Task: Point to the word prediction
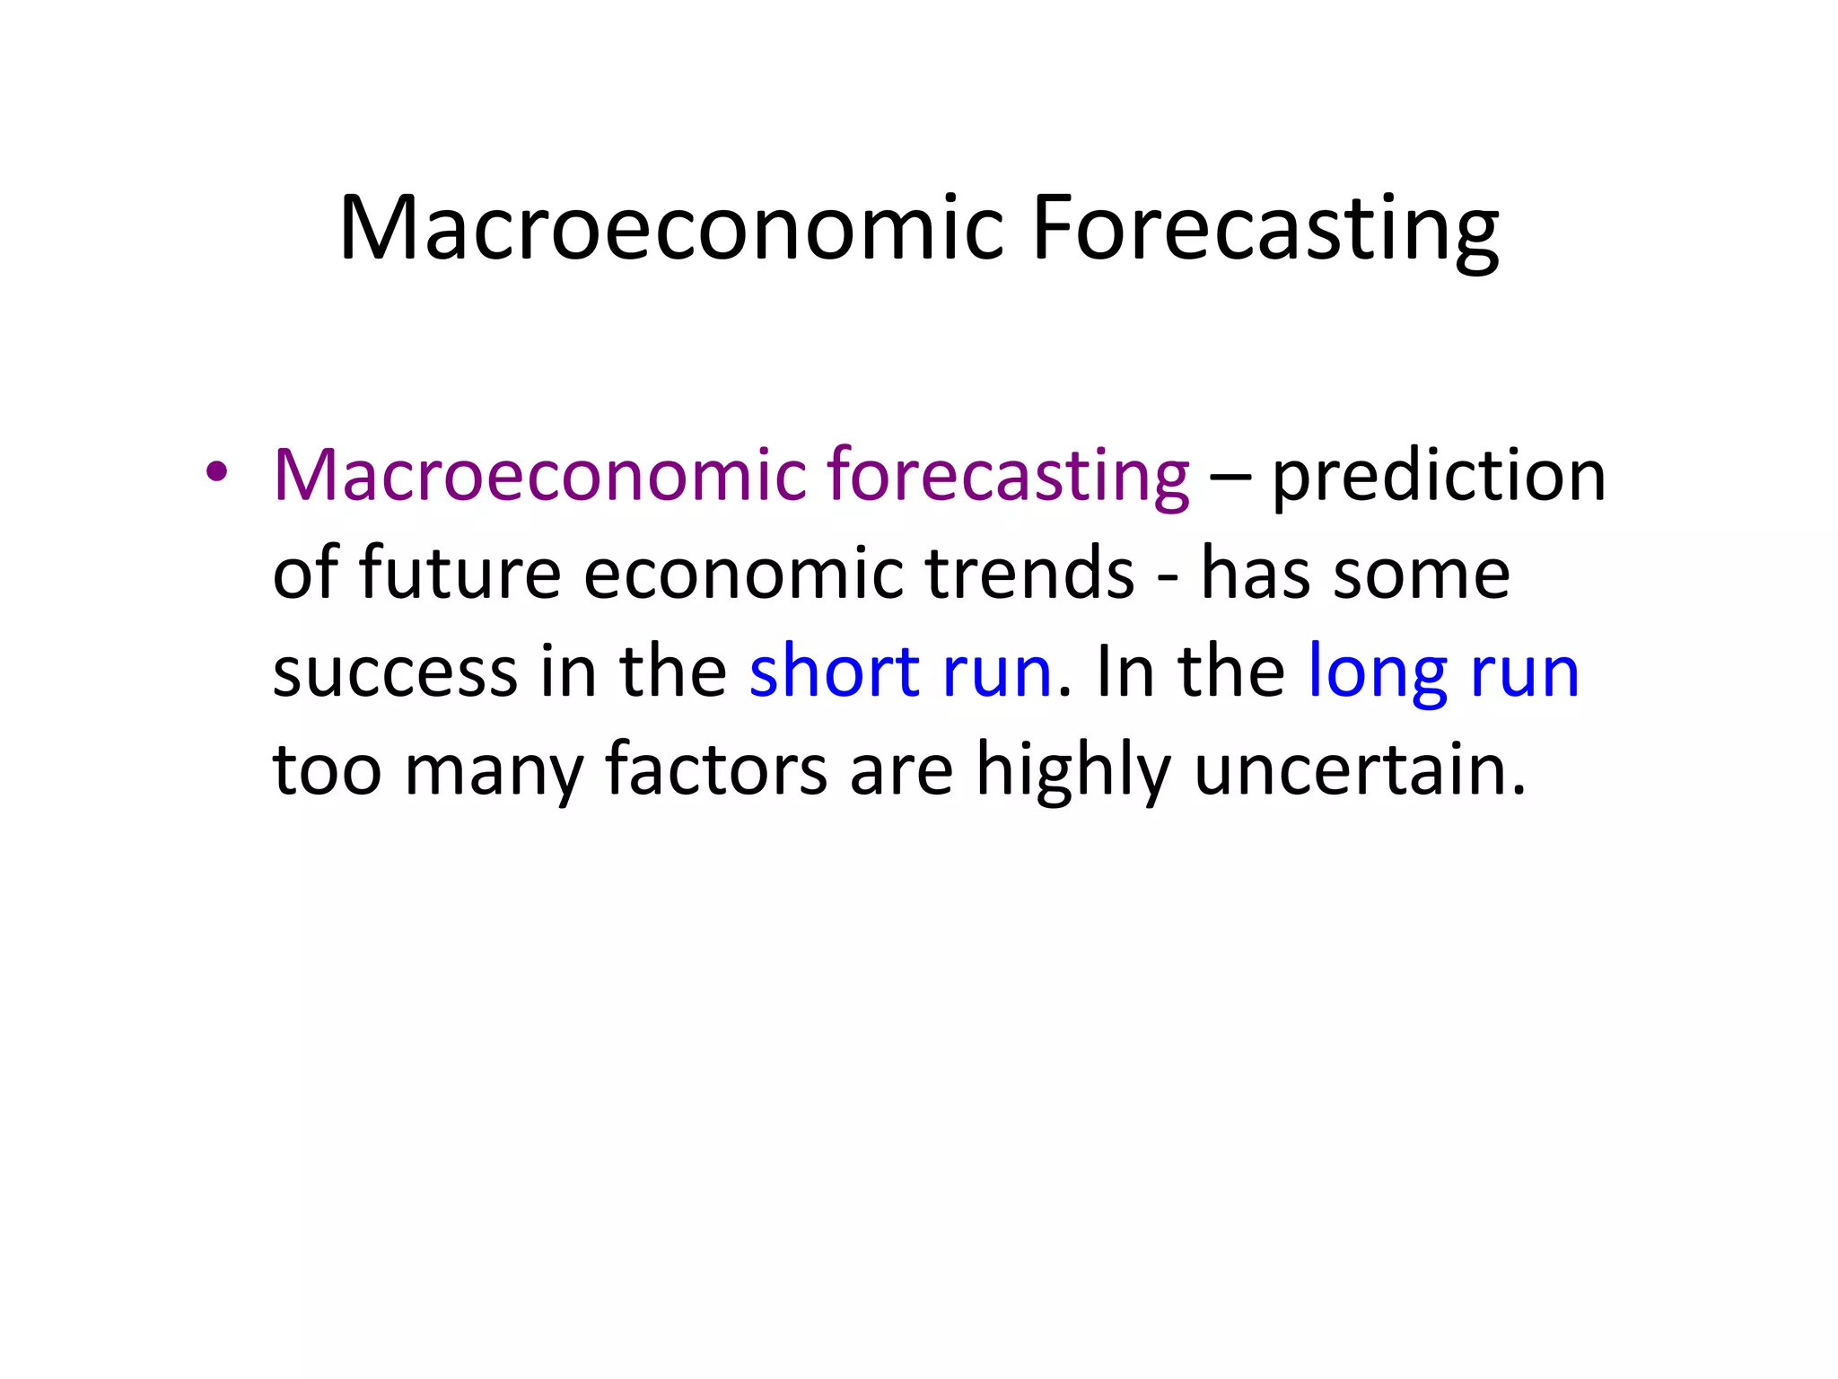coord(1439,476)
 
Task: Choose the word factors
coord(715,770)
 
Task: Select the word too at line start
coord(327,770)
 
